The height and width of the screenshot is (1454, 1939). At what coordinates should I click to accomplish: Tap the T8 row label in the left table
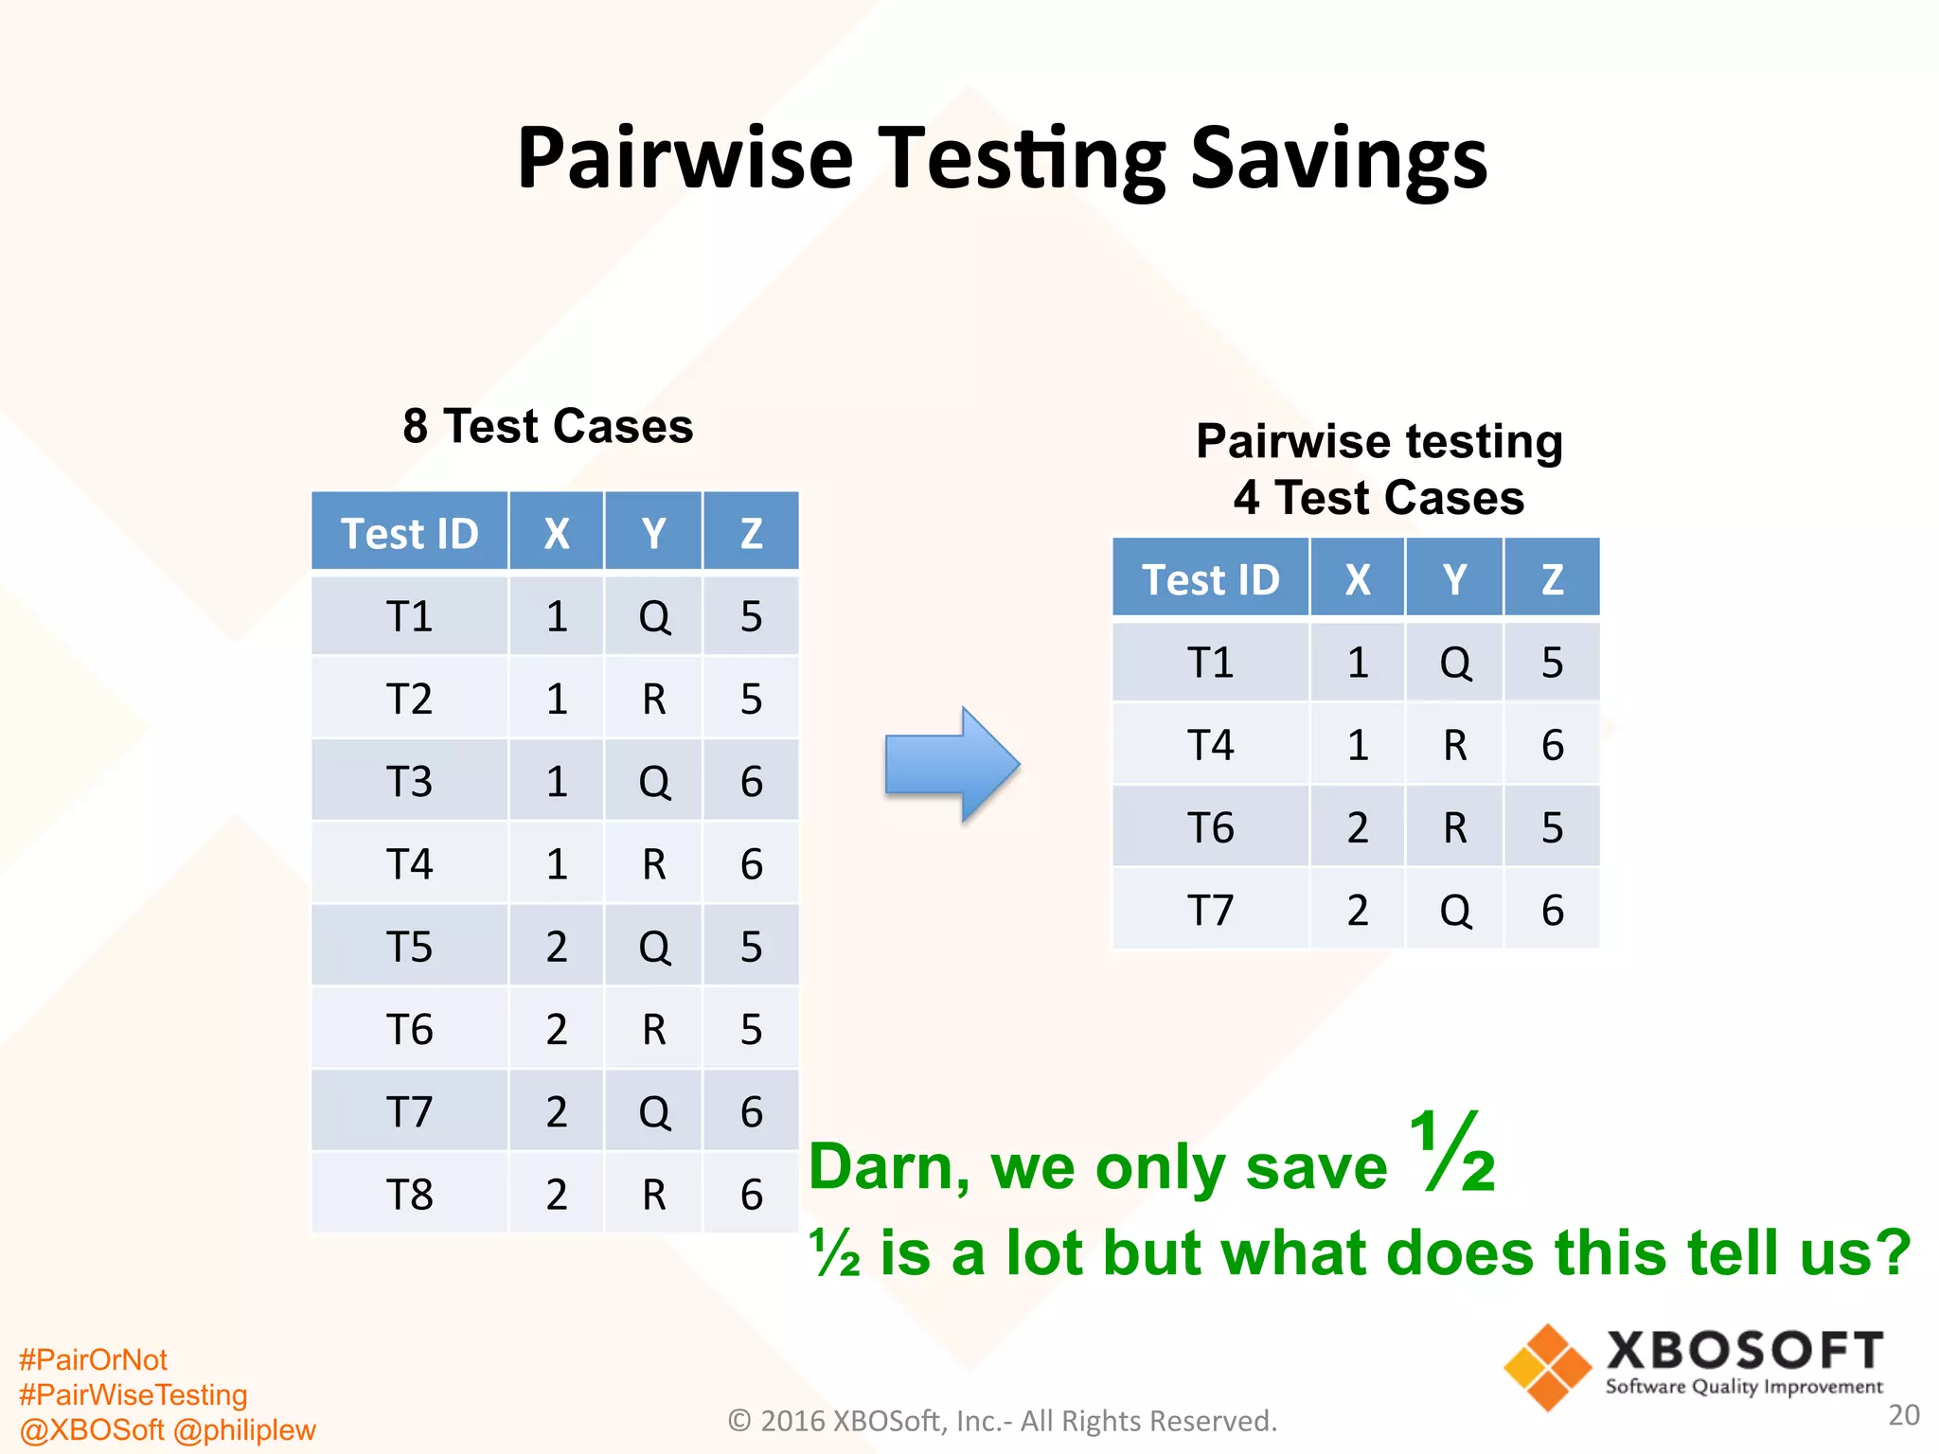[409, 1195]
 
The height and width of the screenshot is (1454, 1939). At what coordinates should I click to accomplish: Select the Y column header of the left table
[653, 533]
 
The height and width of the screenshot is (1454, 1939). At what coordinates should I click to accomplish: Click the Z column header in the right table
[1552, 579]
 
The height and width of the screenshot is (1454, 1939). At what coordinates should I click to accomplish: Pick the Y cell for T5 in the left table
[653, 947]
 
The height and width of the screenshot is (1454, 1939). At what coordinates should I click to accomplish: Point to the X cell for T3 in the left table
[556, 782]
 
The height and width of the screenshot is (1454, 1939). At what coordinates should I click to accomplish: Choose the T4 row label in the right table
[1210, 745]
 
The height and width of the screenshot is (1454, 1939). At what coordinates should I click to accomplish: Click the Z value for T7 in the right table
[1552, 911]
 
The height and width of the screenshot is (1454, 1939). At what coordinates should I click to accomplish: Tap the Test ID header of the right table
[1210, 579]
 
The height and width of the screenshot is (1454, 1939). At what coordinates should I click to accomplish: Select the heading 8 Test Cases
[547, 426]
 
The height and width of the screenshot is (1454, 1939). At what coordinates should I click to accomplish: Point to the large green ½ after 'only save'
[1450, 1152]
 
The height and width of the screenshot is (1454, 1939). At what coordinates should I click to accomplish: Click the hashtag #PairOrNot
[93, 1359]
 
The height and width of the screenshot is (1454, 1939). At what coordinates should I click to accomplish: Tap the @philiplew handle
[245, 1429]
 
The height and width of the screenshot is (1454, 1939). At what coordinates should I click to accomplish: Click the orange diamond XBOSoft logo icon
[1547, 1367]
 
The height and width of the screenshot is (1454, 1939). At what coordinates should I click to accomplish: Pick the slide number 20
[1903, 1414]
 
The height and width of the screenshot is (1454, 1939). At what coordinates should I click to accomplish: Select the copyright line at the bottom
[1002, 1421]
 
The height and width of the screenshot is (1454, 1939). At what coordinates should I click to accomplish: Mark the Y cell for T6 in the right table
[1454, 828]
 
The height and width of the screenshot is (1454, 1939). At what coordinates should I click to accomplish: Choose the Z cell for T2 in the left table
[751, 700]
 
